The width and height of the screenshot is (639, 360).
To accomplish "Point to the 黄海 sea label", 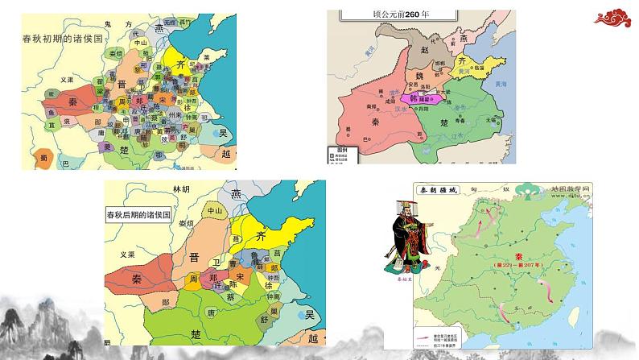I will (x=501, y=85).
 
